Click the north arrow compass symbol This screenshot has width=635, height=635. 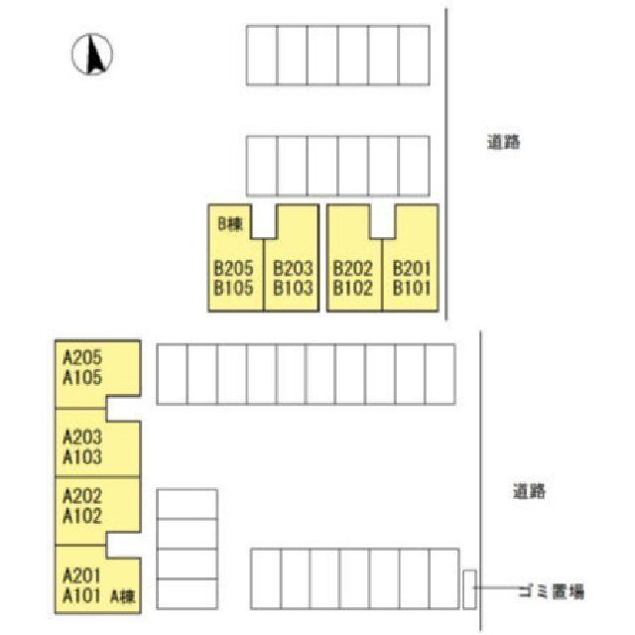92,55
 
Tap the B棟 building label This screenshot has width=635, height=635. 230,223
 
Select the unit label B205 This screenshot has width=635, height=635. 233,268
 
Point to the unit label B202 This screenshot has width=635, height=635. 352,268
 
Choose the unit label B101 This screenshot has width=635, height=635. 412,288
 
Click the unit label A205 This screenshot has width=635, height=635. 82,357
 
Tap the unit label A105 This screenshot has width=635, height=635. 82,377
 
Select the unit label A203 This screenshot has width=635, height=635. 82,438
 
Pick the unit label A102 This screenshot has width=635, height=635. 82,516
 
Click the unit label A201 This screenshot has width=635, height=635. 81,575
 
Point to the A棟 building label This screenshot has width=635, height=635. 123,596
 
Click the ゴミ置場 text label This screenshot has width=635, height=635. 552,592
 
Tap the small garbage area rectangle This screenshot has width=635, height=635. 469,589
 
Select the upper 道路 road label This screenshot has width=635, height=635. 503,142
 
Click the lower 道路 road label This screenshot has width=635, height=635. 529,491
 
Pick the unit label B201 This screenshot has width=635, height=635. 412,268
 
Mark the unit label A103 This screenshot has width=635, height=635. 82,457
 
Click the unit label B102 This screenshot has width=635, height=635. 352,288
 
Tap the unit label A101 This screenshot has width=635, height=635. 81,595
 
